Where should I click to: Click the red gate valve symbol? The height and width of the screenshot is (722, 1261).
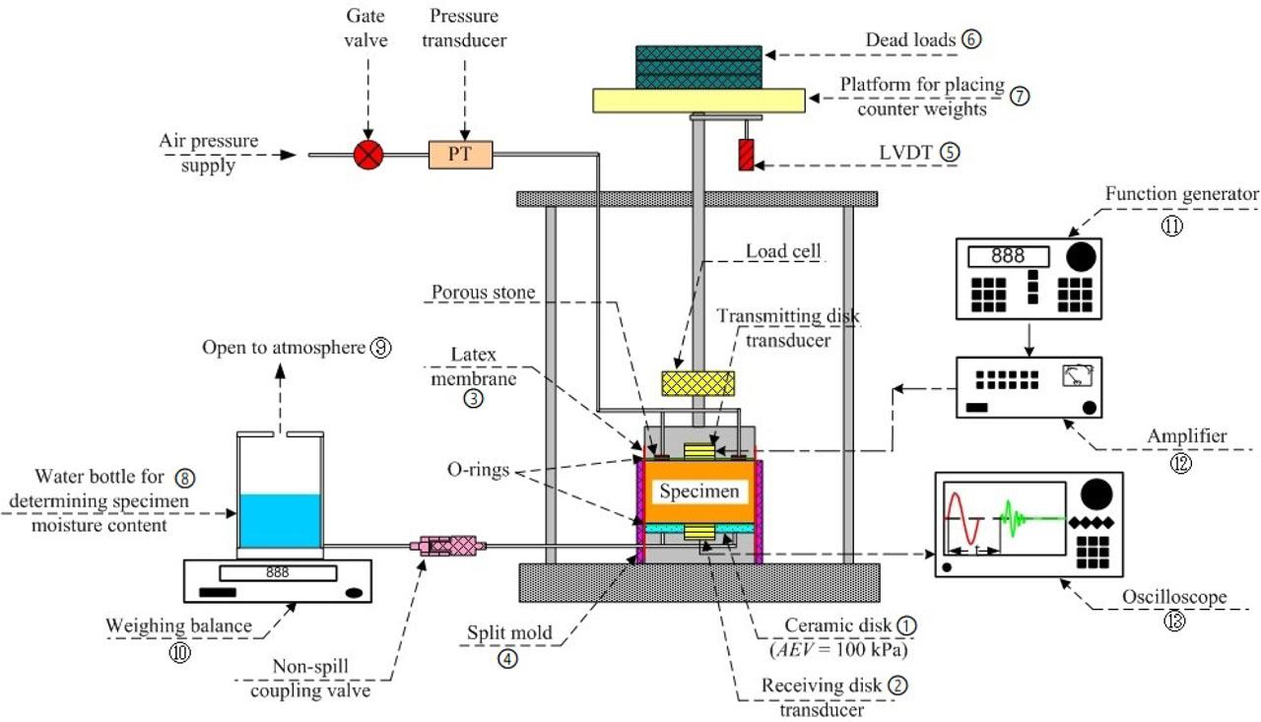(x=367, y=155)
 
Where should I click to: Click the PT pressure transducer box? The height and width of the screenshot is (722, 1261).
(x=460, y=155)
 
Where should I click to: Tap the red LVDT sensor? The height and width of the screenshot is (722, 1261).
(x=747, y=155)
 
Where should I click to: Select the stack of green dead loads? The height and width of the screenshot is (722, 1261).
(x=697, y=66)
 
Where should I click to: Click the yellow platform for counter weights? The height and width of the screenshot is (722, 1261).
(x=697, y=99)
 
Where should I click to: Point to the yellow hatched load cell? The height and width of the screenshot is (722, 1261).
(x=697, y=383)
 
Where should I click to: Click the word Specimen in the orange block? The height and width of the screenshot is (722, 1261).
(x=699, y=491)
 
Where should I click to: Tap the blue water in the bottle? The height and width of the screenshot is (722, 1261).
(x=280, y=519)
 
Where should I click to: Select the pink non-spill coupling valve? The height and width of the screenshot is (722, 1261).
(x=449, y=544)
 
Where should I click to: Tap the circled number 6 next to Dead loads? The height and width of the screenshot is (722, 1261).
(x=973, y=39)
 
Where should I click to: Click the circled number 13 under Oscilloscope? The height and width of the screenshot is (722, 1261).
(x=1171, y=620)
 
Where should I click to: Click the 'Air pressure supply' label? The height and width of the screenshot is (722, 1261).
(x=200, y=154)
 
